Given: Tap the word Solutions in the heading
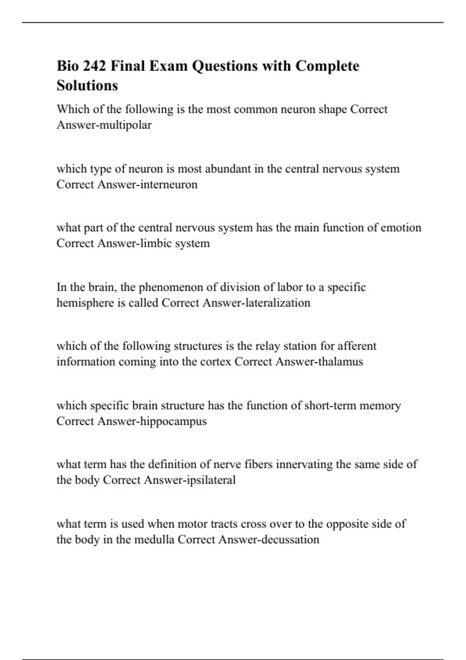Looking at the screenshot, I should tap(87, 85).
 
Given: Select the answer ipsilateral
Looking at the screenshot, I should tap(211, 480).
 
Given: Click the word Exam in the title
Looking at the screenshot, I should tap(169, 66).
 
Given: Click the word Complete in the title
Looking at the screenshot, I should tap(327, 66).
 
